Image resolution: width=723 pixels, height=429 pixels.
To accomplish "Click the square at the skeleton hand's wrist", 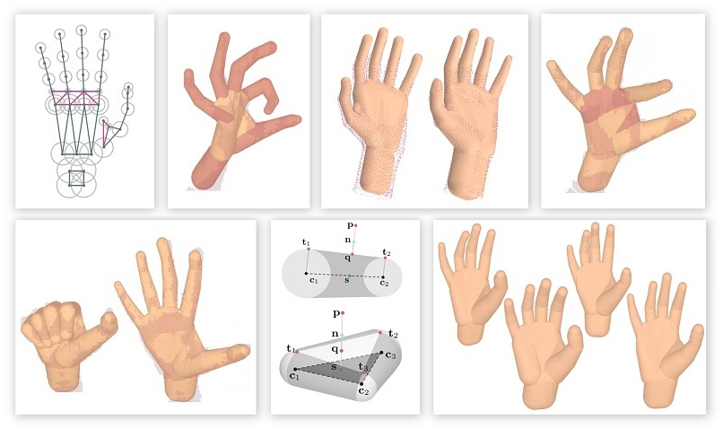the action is [76, 178].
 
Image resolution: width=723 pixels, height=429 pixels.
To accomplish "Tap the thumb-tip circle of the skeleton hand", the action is [128, 87].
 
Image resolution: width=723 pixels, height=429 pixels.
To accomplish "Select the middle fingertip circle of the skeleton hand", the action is [81, 31].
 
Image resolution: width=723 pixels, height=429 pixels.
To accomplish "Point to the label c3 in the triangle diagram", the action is [390, 355].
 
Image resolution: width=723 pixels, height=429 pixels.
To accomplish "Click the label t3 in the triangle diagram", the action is [363, 367].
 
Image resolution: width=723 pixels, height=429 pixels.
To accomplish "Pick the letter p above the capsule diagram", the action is [351, 225].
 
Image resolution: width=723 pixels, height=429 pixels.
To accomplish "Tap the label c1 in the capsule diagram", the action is [314, 279].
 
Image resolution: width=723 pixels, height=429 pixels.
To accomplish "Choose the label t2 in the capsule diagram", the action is [387, 252].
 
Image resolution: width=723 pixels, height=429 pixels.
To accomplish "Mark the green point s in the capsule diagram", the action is [350, 276].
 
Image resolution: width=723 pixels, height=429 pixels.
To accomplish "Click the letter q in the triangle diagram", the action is [335, 349].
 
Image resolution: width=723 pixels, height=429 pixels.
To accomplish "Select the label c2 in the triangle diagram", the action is [364, 391].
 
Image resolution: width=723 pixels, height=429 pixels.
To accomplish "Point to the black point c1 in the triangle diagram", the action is [295, 369].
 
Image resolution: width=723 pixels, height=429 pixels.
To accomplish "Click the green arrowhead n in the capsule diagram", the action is [353, 241].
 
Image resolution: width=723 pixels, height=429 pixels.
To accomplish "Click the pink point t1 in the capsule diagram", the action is [309, 250].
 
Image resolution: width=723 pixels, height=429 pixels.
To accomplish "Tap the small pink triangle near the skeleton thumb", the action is [107, 133].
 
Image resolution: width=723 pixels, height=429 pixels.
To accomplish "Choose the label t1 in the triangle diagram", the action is [291, 349].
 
